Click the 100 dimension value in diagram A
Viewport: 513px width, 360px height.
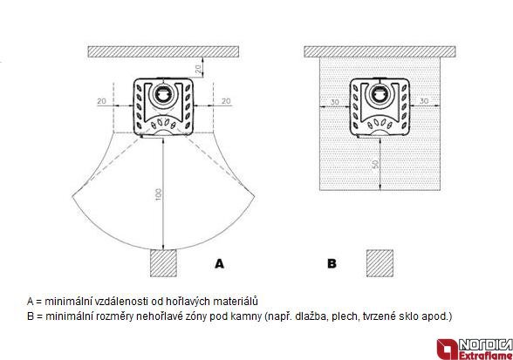[159, 194]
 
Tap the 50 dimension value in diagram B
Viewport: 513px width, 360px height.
[376, 164]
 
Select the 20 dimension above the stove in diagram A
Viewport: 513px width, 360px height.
[199, 69]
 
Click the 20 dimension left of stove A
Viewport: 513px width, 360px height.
[102, 101]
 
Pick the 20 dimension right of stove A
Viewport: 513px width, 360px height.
[226, 101]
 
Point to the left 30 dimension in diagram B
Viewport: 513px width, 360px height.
[334, 102]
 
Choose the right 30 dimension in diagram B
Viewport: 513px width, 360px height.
[424, 101]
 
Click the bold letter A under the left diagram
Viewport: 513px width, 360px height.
[220, 263]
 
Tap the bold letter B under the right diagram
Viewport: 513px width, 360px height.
[332, 263]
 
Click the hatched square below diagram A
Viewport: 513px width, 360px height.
[164, 263]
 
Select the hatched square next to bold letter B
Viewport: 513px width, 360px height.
[380, 263]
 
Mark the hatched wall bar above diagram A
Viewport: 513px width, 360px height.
[163, 51]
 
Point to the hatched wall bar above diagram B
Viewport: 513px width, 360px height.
[380, 51]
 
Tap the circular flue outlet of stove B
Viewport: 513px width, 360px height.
[380, 93]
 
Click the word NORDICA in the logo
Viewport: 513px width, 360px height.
[485, 344]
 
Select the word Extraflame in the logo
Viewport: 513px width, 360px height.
[485, 356]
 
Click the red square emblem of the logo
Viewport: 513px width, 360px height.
[448, 350]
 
